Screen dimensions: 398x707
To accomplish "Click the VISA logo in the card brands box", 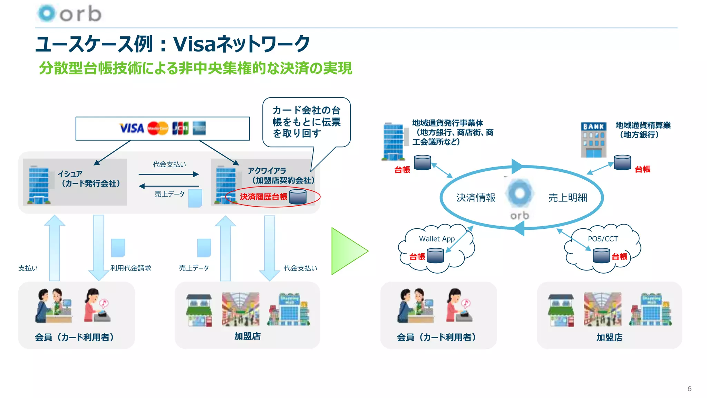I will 132,128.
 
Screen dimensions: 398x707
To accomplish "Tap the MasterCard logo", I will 158,128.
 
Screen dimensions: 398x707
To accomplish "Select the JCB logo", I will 180,128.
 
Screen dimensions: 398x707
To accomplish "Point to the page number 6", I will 689,389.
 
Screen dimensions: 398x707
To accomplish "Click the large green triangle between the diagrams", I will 348,251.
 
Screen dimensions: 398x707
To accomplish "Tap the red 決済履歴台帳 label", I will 263,197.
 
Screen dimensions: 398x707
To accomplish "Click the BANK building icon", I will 593,140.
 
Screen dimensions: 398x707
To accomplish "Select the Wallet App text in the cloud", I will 437,239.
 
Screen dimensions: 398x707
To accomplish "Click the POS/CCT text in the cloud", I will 603,239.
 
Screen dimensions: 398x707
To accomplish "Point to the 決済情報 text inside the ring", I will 475,198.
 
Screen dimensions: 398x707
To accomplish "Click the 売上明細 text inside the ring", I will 568,198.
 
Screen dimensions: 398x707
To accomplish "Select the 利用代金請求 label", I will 131,268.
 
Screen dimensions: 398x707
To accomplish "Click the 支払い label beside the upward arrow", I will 28,268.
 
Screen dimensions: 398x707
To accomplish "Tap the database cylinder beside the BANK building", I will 622,162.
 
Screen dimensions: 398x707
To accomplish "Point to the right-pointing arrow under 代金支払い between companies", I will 169,174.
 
